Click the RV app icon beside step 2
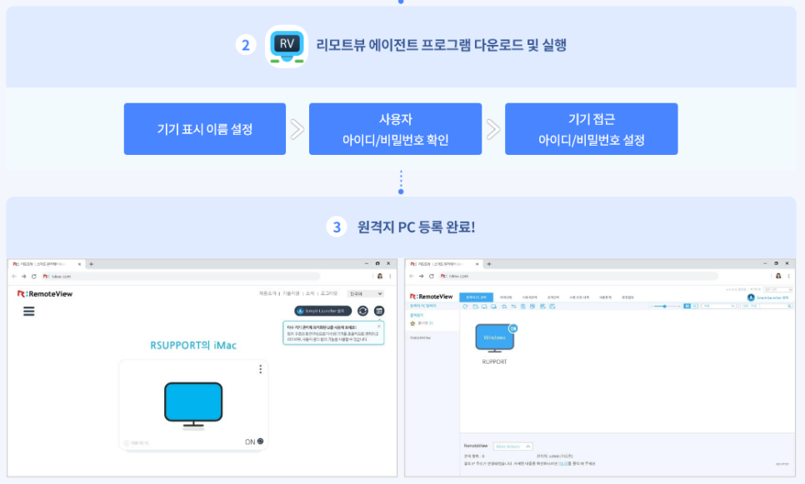[x=287, y=46]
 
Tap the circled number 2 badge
[x=245, y=46]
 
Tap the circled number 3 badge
[x=337, y=227]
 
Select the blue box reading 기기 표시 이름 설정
[x=205, y=129]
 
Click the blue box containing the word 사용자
[x=395, y=129]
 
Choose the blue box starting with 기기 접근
[x=591, y=129]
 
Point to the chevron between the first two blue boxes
[x=297, y=129]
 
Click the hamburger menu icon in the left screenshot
[x=29, y=311]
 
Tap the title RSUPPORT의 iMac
[x=192, y=345]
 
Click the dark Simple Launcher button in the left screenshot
[x=318, y=311]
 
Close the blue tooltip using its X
[x=379, y=327]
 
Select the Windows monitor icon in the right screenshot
[x=495, y=338]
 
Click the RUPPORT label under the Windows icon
[x=494, y=362]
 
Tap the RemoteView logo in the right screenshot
[x=431, y=297]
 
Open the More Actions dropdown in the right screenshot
[x=512, y=447]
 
